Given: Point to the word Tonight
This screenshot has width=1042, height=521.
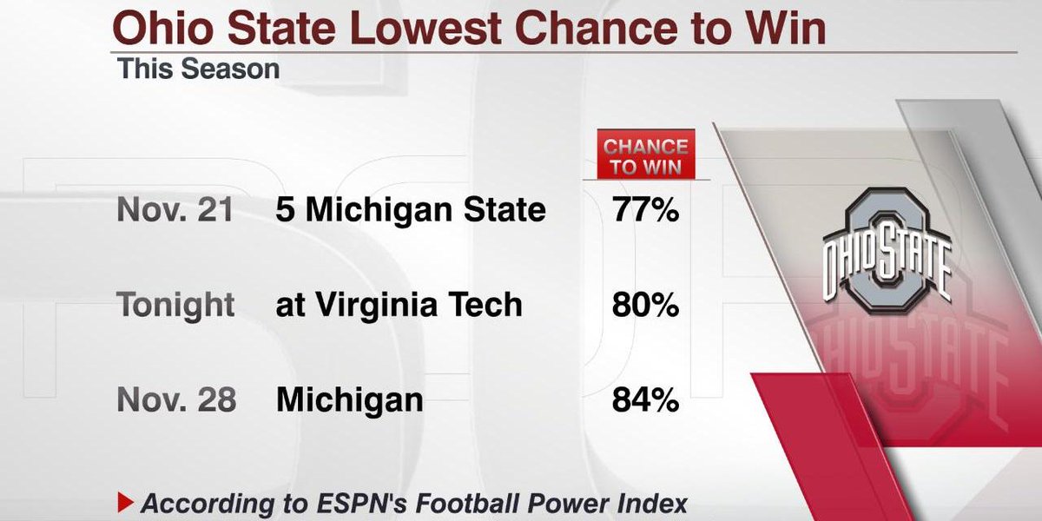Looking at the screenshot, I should [x=176, y=305].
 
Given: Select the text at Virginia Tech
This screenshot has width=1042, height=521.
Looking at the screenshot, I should [x=399, y=305].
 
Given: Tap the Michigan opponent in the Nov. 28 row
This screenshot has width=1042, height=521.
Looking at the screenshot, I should [x=350, y=400].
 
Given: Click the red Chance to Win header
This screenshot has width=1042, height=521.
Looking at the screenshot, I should [x=645, y=157].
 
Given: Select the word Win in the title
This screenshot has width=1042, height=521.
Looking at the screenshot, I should [x=789, y=29].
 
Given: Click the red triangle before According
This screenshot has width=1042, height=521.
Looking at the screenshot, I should [x=124, y=502].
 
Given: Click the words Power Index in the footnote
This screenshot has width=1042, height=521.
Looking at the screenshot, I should [x=618, y=503].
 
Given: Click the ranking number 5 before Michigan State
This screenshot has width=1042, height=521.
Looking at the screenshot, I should [x=285, y=210].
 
